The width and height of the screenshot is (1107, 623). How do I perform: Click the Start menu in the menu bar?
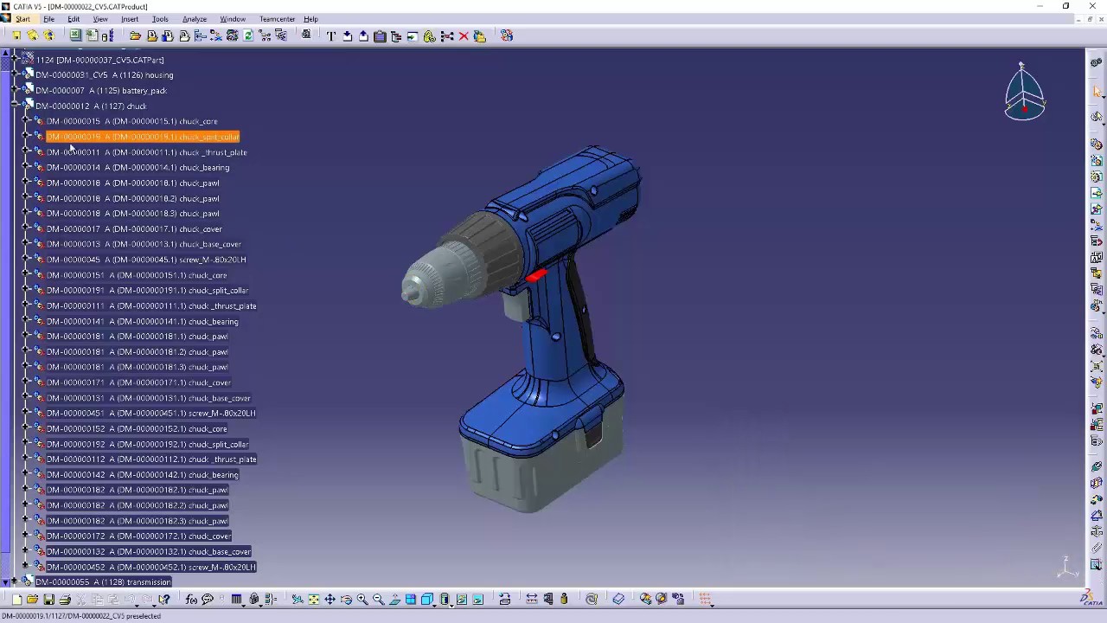tap(22, 19)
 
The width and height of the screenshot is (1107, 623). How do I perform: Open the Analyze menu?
tap(194, 19)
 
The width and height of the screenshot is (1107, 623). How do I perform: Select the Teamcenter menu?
tap(277, 19)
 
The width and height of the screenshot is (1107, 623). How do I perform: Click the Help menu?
tap(310, 19)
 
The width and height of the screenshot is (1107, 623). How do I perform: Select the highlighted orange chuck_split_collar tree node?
tap(143, 137)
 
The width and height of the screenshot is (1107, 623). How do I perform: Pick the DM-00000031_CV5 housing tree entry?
tap(104, 75)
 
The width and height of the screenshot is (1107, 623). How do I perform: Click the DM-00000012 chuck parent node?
tap(91, 106)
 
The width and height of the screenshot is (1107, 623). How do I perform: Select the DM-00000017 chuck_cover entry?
tap(134, 229)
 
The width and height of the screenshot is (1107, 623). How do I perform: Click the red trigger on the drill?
tap(535, 275)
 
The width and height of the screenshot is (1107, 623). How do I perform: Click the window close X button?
tap(1092, 6)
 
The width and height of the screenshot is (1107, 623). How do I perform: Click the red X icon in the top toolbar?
tap(464, 36)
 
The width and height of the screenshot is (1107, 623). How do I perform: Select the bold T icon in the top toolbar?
tap(331, 36)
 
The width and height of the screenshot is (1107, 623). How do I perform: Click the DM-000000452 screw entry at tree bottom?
tap(150, 568)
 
